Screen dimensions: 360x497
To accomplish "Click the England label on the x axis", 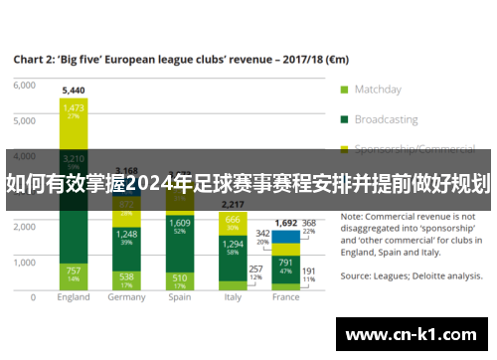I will coord(74,296).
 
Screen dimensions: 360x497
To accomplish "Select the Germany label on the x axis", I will coord(126,296).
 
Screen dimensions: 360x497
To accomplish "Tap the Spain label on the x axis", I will coord(179,296).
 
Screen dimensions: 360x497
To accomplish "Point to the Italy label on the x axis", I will coord(232,296).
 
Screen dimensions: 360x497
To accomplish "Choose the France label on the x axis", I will coord(285,296).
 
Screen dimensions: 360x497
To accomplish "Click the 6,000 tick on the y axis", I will coord(24,86).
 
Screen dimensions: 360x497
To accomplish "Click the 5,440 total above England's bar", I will coord(74,90).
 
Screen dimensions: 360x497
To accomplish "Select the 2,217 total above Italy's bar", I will coord(232,203).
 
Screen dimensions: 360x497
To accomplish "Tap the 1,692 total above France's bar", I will coord(285,224).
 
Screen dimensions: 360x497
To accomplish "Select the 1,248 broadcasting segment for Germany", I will coord(126,238).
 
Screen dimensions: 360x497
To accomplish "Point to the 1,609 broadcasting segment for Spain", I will coord(179,227).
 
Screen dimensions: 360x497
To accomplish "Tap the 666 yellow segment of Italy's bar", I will coord(232,222).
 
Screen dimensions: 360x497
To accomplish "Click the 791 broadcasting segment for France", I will coord(285,267).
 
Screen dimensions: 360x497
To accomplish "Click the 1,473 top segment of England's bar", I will coord(74,110).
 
